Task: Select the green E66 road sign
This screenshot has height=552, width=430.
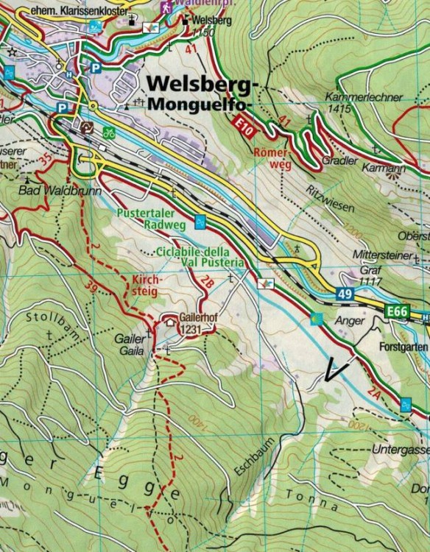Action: (397, 313)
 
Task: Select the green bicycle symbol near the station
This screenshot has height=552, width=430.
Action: (109, 134)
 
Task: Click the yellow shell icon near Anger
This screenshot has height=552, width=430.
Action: (318, 318)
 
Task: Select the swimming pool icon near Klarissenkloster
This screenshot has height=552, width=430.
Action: (95, 28)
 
